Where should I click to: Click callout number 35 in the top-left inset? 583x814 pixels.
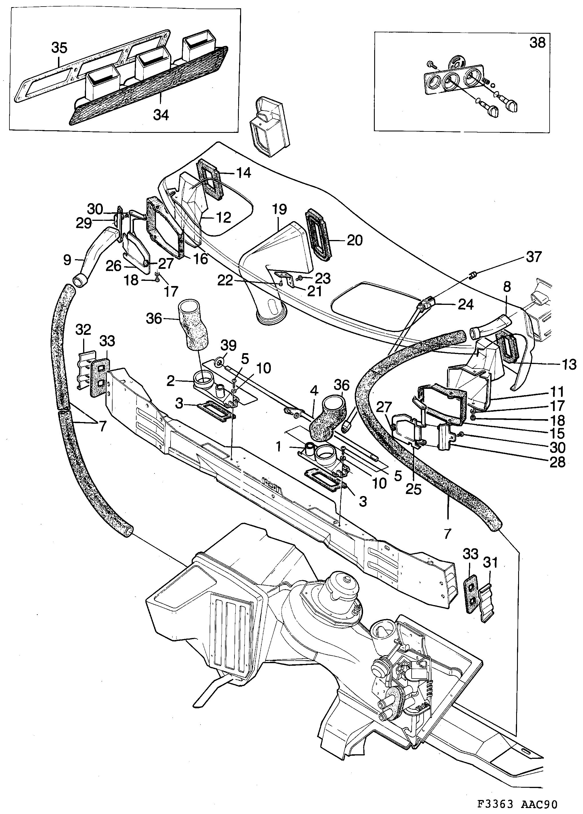click(59, 47)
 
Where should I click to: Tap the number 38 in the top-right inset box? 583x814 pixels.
click(537, 43)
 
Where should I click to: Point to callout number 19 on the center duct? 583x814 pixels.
click(279, 209)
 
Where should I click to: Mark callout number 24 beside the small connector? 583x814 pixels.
click(465, 304)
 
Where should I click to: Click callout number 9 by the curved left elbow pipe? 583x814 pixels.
click(67, 260)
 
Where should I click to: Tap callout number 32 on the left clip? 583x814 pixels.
click(83, 329)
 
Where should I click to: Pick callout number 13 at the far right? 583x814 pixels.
click(568, 364)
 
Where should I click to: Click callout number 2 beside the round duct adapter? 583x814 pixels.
click(171, 381)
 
